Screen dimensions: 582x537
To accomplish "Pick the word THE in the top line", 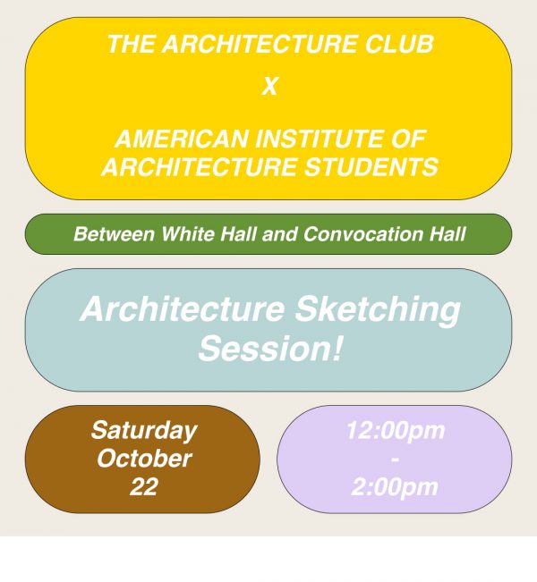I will [x=126, y=45].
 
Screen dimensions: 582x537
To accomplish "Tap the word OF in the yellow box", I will [x=410, y=139].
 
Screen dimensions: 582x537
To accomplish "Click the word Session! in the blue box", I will [x=269, y=349].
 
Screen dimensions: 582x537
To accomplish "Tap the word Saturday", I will [x=143, y=430].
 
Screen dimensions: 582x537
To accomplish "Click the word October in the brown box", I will [x=143, y=459].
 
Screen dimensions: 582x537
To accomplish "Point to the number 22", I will [x=143, y=487].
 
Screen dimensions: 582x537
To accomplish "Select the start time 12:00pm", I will [x=395, y=430].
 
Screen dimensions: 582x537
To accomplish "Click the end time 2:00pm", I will [x=395, y=487].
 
